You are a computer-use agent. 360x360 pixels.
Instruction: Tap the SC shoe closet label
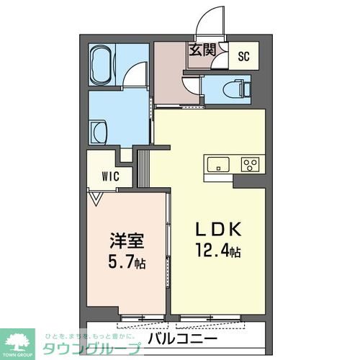click(243, 56)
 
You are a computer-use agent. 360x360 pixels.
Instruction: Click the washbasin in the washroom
click(99, 132)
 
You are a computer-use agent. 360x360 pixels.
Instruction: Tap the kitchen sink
click(217, 165)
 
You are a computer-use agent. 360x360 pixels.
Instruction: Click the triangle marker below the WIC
click(95, 194)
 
